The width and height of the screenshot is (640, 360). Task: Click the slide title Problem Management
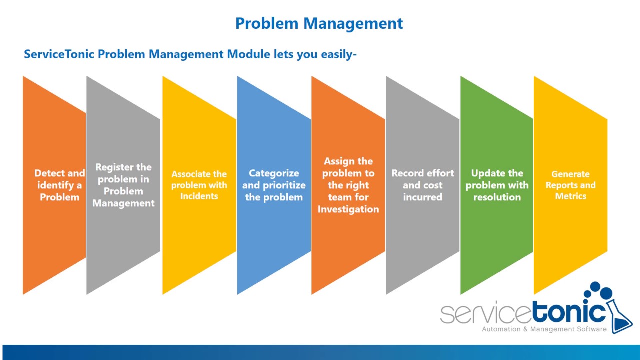319,23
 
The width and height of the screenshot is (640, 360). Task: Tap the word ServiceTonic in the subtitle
59,54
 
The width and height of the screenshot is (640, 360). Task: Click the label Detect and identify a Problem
59,185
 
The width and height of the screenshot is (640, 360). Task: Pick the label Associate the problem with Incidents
199,185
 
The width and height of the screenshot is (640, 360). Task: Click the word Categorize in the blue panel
274,173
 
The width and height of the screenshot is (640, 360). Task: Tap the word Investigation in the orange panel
348,209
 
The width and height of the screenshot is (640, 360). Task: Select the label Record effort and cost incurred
422,185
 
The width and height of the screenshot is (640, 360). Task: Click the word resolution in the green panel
497,197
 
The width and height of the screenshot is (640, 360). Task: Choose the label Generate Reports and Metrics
570,185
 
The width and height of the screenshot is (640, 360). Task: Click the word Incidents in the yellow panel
199,196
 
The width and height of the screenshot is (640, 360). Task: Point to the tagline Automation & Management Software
544,329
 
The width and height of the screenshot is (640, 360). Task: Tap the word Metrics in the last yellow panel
570,196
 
